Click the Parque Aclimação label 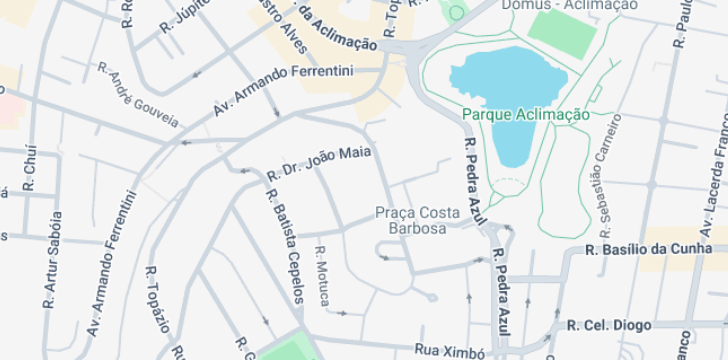coord(526,114)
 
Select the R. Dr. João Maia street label coord(319,164)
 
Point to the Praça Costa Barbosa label coord(418,220)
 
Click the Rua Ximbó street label coord(449,351)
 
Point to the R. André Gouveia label coord(138,95)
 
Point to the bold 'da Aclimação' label coord(338,34)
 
